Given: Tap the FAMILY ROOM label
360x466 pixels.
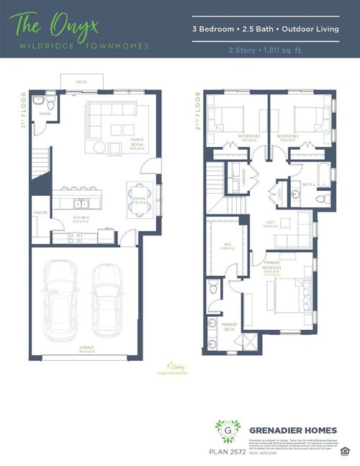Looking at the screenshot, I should (x=137, y=143).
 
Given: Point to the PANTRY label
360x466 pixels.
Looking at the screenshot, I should (x=40, y=212).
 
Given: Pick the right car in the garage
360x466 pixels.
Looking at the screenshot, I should (x=109, y=297).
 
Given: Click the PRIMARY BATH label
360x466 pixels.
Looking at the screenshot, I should (x=229, y=326).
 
